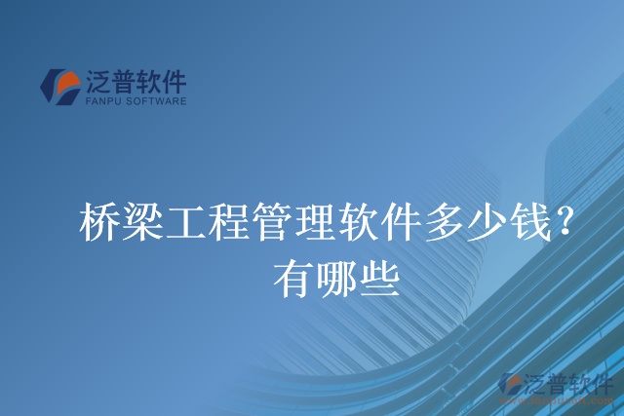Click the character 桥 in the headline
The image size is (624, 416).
(x=100, y=222)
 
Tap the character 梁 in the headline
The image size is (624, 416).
(x=144, y=222)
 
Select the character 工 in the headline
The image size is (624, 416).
(x=188, y=222)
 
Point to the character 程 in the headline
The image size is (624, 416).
(x=232, y=222)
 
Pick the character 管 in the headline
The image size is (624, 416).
(x=276, y=222)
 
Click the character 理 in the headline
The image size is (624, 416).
(x=320, y=222)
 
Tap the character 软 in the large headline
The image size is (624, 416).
(x=364, y=222)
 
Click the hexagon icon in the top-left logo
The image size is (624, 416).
(x=60, y=86)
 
